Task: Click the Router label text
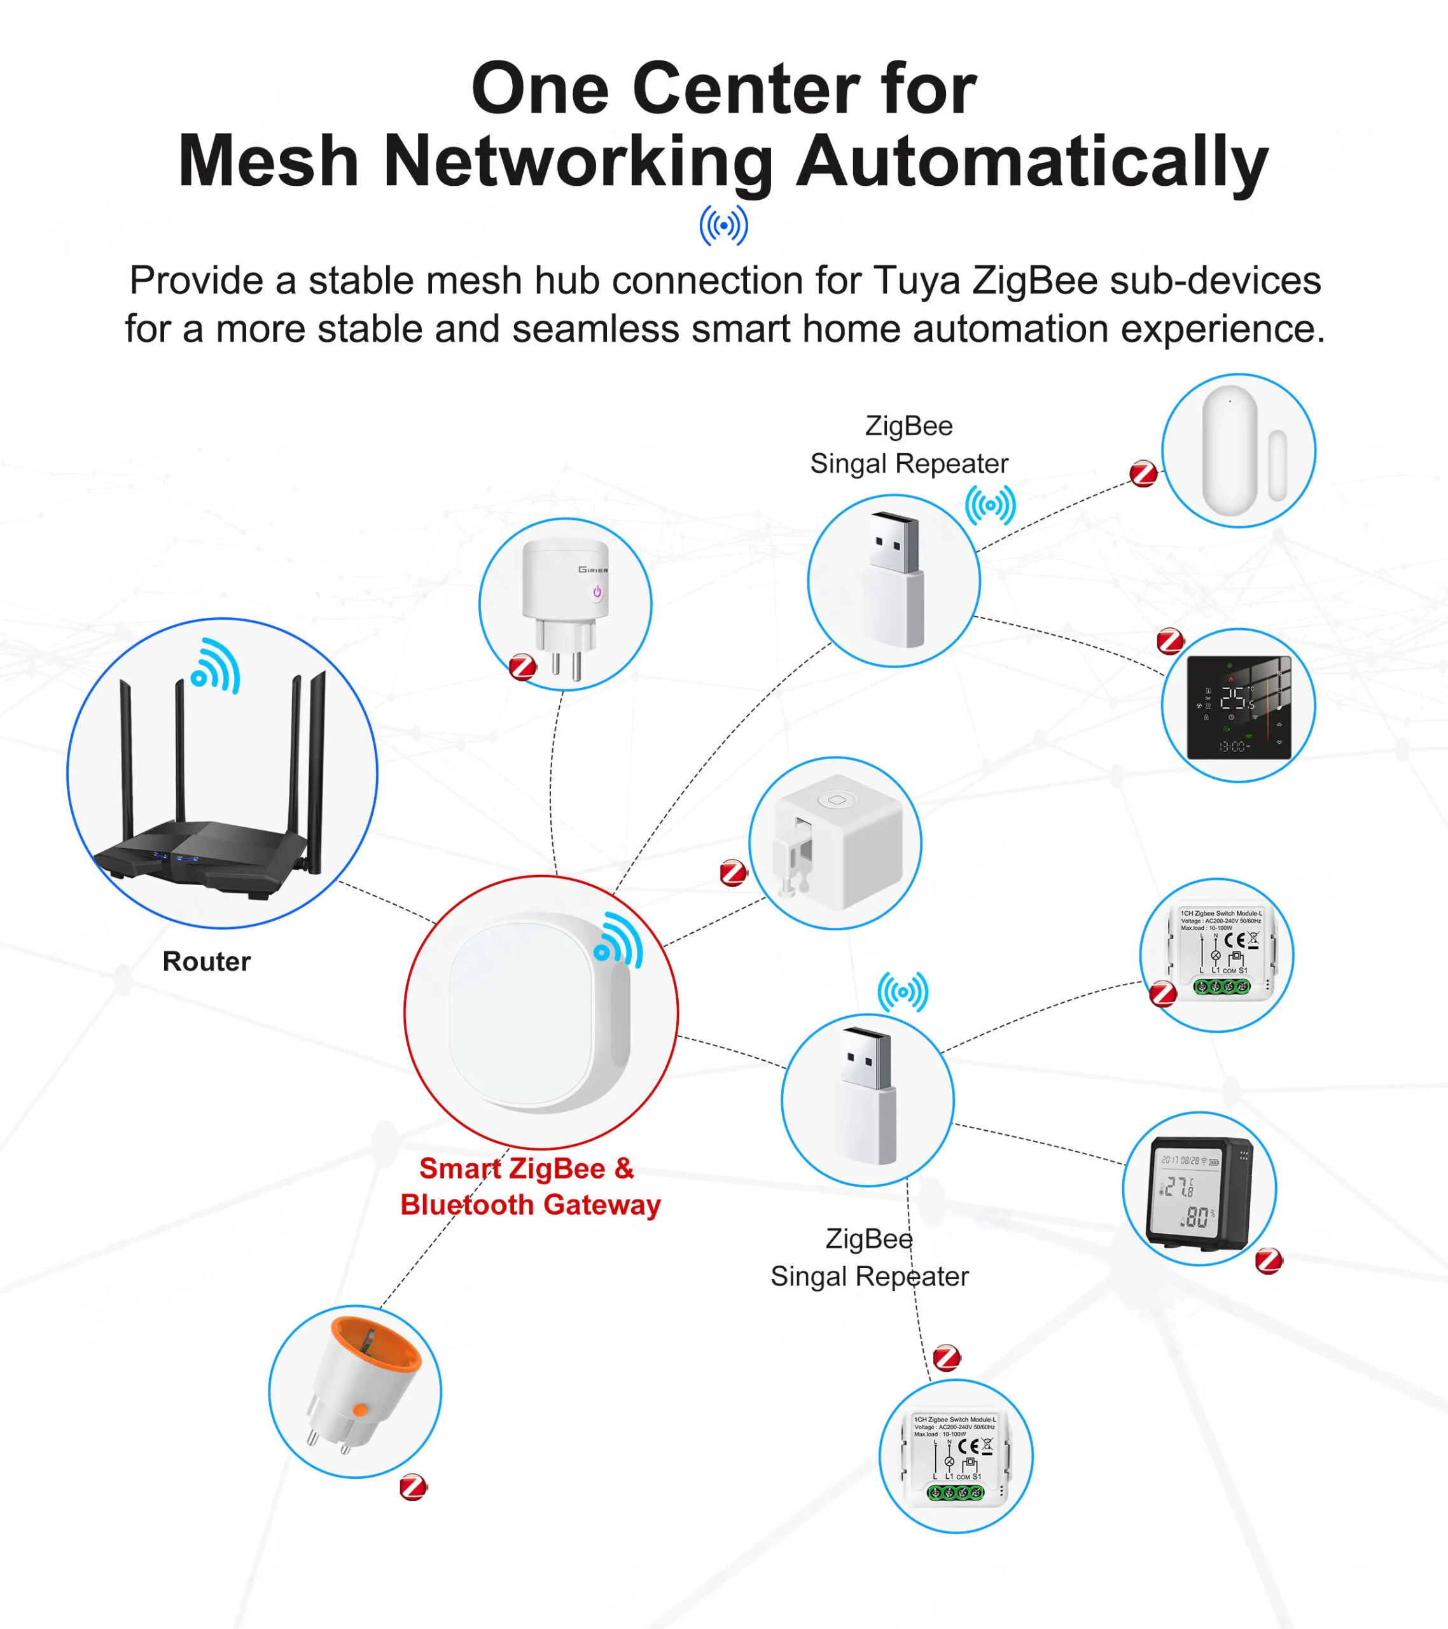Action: [x=206, y=961]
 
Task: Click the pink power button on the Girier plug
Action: [x=597, y=592]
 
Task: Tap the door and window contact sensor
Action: [x=1237, y=451]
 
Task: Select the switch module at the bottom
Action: [x=956, y=1457]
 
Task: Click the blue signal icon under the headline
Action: [x=723, y=225]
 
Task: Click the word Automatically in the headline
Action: [x=1032, y=161]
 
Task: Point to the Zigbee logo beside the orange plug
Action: [x=413, y=1487]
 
